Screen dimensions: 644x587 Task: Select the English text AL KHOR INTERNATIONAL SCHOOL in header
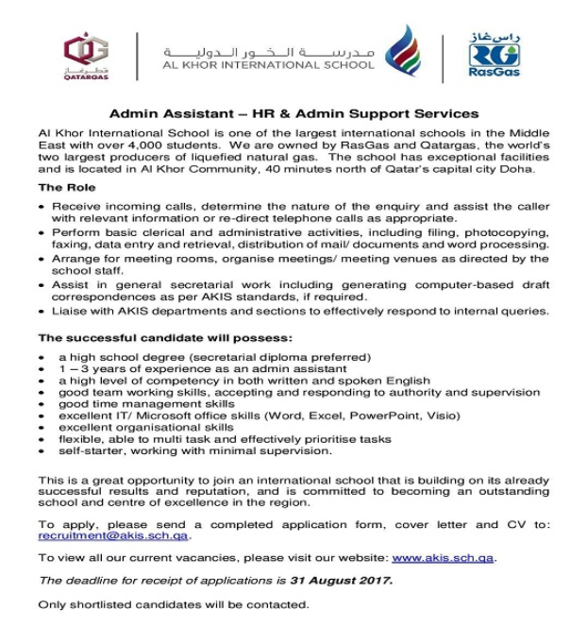pyautogui.click(x=269, y=65)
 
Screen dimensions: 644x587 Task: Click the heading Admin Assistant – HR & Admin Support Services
pyautogui.click(x=293, y=113)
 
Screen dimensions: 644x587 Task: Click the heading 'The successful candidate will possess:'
pyautogui.click(x=164, y=337)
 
